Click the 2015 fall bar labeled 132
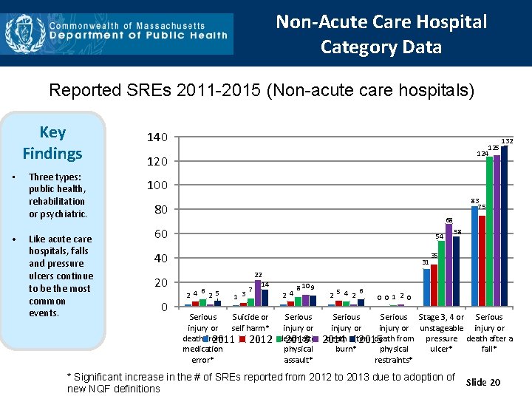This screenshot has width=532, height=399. click(504, 226)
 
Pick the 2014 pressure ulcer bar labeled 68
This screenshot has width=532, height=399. click(449, 265)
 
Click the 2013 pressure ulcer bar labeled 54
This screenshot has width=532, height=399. click(441, 273)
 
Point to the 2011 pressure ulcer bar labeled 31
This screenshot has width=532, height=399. click(426, 287)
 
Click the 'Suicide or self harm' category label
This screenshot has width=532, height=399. click(250, 323)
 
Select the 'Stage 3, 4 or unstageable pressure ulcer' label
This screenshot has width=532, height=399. click(441, 333)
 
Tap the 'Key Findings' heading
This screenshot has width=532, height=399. click(52, 143)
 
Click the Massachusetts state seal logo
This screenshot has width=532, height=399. click(21, 33)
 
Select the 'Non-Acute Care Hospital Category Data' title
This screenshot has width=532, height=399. click(381, 34)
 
